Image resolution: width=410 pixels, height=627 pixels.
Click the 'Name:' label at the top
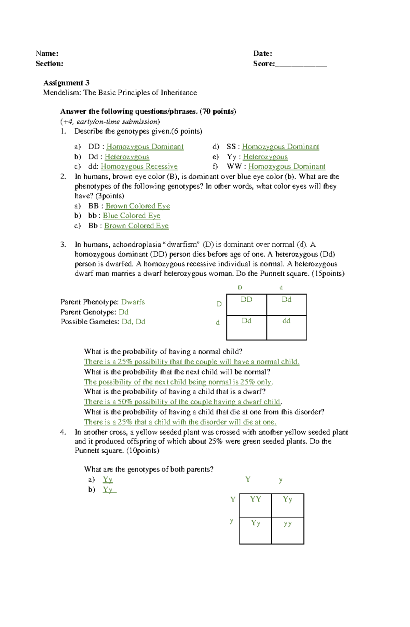pyautogui.click(x=47, y=53)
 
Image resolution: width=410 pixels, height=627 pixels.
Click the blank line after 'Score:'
pyautogui.click(x=301, y=64)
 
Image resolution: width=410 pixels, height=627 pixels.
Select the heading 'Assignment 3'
pyautogui.click(x=66, y=83)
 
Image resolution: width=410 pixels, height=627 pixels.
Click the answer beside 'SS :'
pyautogui.click(x=280, y=147)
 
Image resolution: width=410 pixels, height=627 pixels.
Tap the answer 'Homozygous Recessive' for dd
pyautogui.click(x=139, y=166)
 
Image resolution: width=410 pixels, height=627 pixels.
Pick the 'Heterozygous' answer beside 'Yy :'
pyautogui.click(x=265, y=156)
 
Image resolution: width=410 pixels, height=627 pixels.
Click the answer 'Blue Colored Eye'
pyautogui.click(x=132, y=216)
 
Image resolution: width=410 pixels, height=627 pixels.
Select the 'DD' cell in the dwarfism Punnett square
pyautogui.click(x=246, y=300)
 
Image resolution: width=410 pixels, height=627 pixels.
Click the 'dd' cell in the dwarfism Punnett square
pyautogui.click(x=286, y=321)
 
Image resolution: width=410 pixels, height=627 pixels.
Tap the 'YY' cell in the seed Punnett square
pyautogui.click(x=255, y=499)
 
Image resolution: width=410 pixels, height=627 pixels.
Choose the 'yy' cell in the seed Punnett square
pyautogui.click(x=287, y=523)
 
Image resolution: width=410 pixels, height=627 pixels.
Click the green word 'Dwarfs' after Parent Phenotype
pyautogui.click(x=133, y=302)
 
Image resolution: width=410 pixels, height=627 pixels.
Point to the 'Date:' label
pyautogui.click(x=262, y=53)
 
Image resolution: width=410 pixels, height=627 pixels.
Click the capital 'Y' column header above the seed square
pyautogui.click(x=248, y=479)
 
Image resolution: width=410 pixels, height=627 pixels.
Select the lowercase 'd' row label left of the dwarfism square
pyautogui.click(x=218, y=323)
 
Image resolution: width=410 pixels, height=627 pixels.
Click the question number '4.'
pyautogui.click(x=63, y=432)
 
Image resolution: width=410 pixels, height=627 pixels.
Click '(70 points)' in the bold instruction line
pyautogui.click(x=218, y=111)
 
